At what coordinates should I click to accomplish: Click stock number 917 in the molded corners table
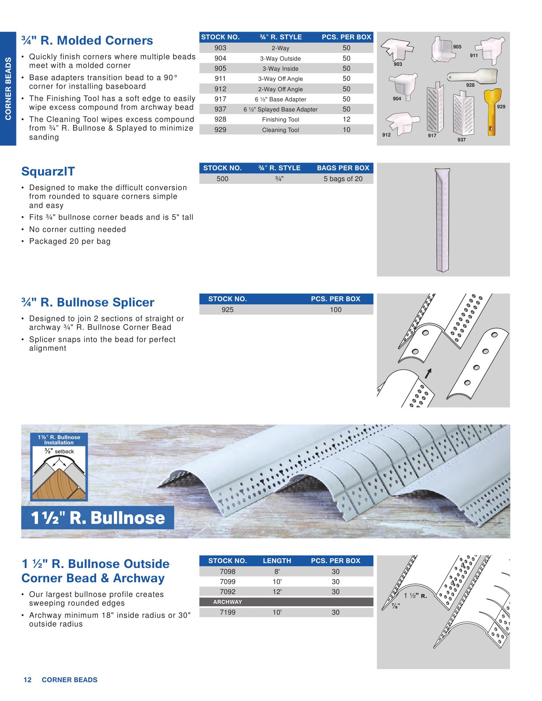220,99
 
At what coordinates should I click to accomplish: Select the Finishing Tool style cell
280,120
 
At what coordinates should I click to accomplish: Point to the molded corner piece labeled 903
397,51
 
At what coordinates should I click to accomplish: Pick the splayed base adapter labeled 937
464,114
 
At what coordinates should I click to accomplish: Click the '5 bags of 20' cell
343,179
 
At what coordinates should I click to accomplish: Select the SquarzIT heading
48,171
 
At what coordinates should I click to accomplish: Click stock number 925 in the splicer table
227,310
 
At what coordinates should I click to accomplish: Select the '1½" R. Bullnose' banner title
98,518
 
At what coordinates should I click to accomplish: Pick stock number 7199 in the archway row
227,612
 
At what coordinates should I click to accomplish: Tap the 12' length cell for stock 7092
277,592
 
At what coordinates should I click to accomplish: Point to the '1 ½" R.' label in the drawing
416,596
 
